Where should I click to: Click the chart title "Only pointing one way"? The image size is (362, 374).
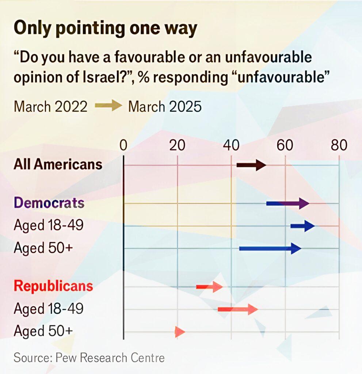click(105, 29)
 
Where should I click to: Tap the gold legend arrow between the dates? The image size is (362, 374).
click(108, 107)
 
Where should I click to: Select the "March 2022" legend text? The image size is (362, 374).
click(50, 107)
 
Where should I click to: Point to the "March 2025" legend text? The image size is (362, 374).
click(165, 107)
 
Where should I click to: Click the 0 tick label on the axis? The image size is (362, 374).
click(123, 146)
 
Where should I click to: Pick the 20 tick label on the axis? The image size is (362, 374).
click(178, 146)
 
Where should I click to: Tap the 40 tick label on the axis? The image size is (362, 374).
click(231, 146)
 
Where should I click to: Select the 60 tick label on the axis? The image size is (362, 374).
click(285, 146)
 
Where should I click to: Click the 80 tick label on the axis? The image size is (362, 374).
click(339, 146)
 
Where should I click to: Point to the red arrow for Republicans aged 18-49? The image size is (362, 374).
click(238, 309)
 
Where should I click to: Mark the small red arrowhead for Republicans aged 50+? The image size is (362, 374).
click(180, 332)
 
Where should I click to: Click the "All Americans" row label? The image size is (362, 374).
click(58, 164)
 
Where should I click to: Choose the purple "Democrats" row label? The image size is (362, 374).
click(49, 203)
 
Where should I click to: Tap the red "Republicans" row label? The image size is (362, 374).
click(53, 286)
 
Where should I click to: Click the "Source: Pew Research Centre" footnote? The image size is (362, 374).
click(89, 358)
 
